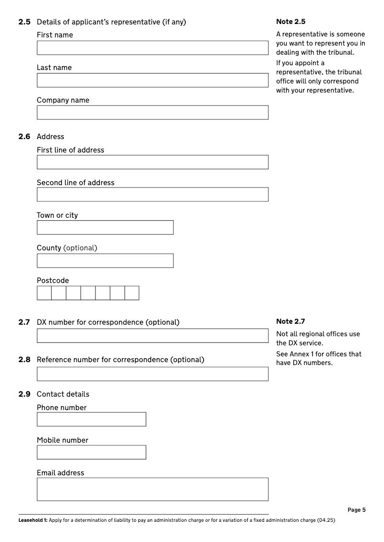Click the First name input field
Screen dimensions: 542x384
[x=152, y=48]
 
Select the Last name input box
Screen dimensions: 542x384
[x=152, y=80]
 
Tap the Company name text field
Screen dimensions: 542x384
[x=152, y=113]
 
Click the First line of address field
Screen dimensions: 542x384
[x=152, y=162]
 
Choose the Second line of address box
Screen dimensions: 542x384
[x=152, y=195]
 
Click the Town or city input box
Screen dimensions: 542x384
[x=105, y=227]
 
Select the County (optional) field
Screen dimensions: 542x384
[x=105, y=260]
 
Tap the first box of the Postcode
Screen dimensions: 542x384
[x=44, y=293]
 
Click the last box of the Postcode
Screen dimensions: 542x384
[x=132, y=293]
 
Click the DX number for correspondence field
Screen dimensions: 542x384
[x=152, y=336]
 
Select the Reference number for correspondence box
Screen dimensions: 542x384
[x=152, y=374]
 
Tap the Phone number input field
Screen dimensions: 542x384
[x=91, y=419]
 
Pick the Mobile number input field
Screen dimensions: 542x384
[x=91, y=452]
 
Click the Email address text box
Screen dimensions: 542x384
[x=152, y=489]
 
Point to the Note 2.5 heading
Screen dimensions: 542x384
[x=291, y=22]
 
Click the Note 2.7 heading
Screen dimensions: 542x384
[x=291, y=321]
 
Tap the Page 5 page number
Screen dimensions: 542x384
[x=357, y=510]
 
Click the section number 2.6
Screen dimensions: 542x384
[x=24, y=137]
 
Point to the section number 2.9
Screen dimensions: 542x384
[x=24, y=394]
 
